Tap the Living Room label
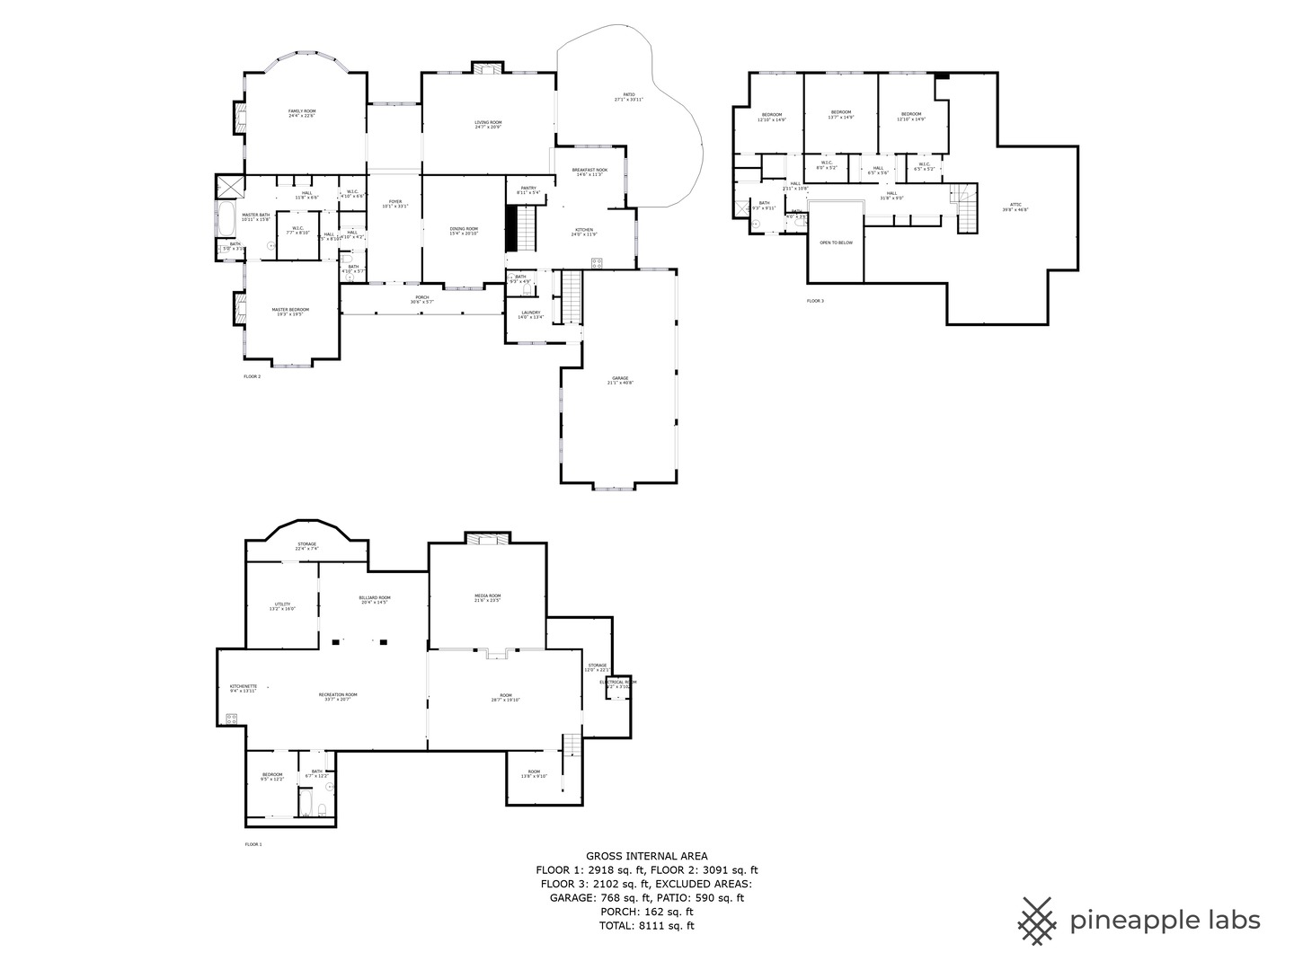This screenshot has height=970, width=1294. tap(488, 124)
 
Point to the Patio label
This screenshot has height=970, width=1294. tap(629, 97)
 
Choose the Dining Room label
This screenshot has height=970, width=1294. tap(464, 231)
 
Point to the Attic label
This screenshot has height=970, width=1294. tap(1015, 207)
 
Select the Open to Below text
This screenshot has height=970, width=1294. tap(836, 242)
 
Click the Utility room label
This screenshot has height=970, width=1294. tap(282, 606)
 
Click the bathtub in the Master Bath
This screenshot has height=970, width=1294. tap(225, 218)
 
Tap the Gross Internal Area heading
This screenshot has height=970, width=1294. tap(646, 856)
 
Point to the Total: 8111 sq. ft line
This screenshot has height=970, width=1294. tap(646, 925)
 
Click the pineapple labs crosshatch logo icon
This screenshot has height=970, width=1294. tap(1037, 921)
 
